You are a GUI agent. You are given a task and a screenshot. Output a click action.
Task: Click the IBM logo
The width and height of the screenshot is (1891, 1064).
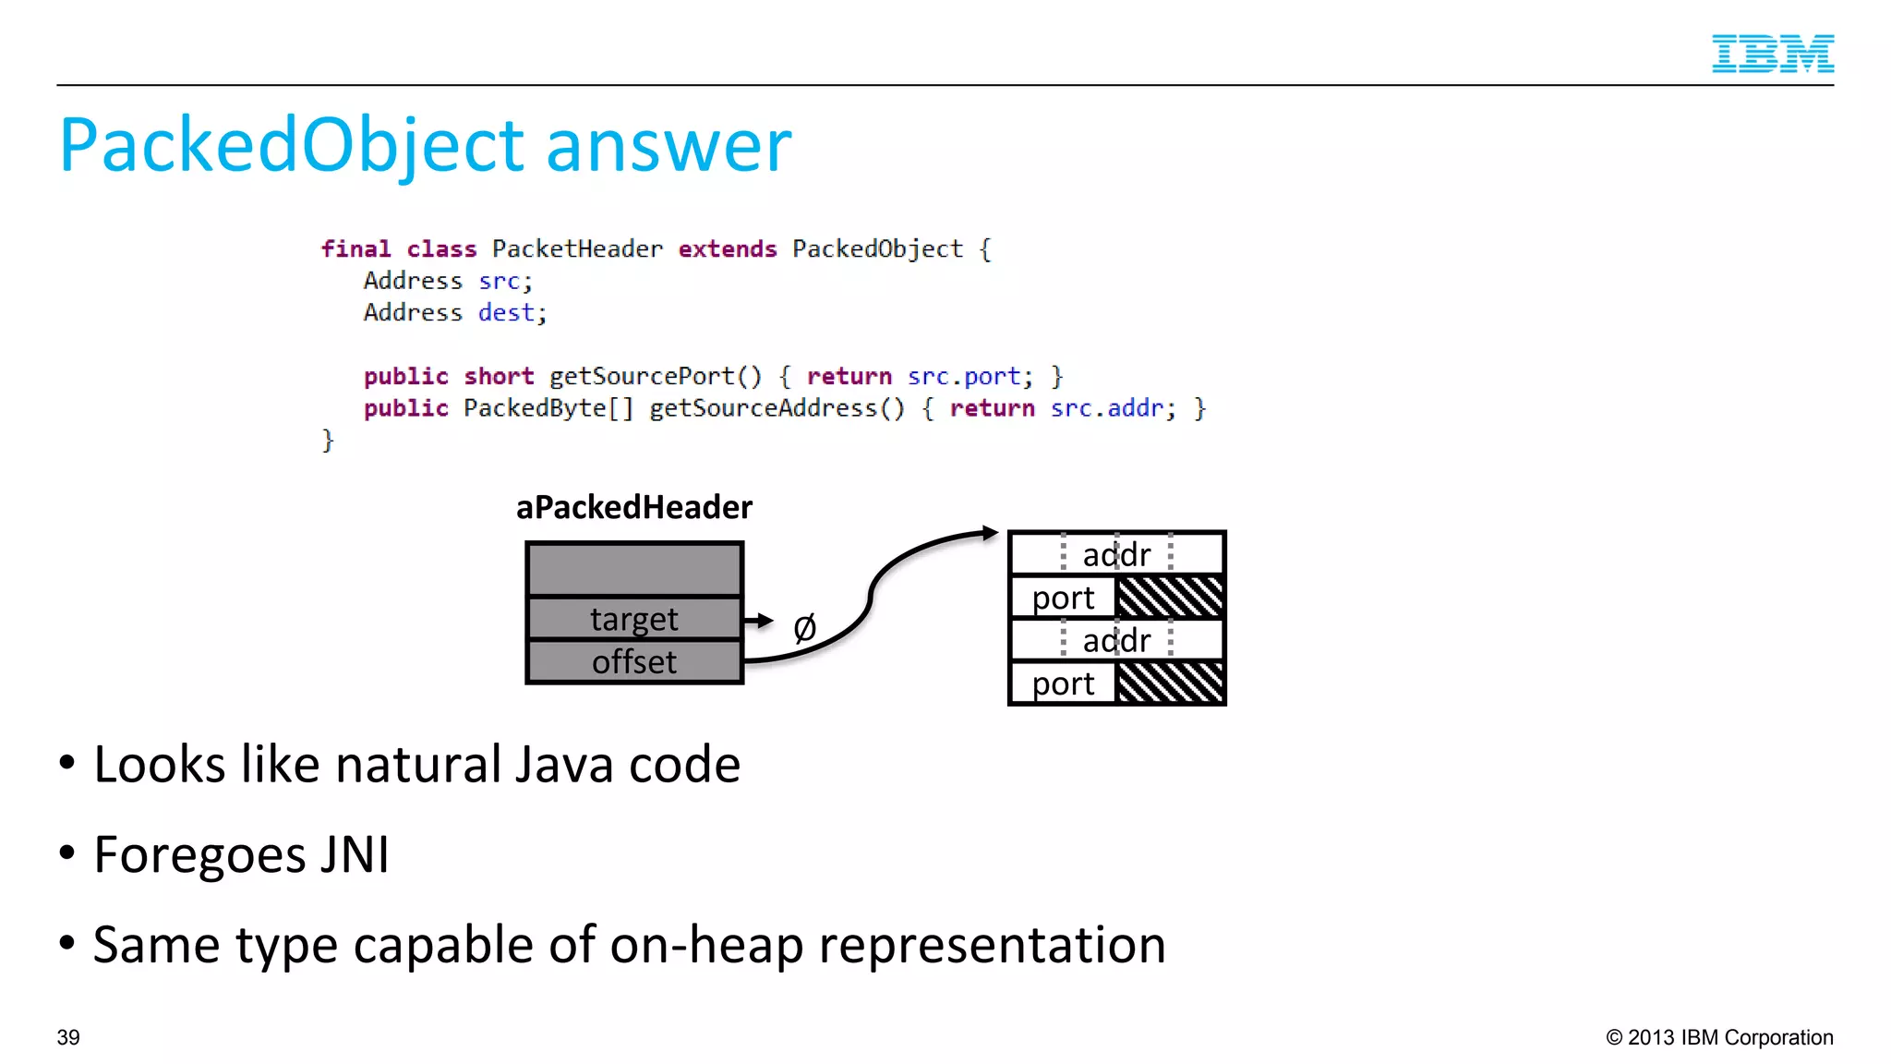pyautogui.click(x=1772, y=54)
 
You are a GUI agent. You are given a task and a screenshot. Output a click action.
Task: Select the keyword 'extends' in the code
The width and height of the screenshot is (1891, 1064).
pyautogui.click(x=728, y=249)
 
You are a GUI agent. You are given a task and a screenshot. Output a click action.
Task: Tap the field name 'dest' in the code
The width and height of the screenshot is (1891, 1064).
pyautogui.click(x=506, y=313)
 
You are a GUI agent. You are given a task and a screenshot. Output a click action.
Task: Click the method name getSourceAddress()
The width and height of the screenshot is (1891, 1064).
pyautogui.click(x=777, y=408)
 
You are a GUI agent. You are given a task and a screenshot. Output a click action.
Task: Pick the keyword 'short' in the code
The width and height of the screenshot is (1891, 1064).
pyautogui.click(x=499, y=377)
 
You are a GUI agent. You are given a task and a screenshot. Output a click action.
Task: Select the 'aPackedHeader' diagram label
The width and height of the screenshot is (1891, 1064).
pyautogui.click(x=634, y=507)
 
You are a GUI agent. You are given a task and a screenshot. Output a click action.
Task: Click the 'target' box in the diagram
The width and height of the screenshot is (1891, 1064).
pyautogui.click(x=634, y=619)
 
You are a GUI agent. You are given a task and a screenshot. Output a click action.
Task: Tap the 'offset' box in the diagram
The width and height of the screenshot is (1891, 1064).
pyautogui.click(x=634, y=662)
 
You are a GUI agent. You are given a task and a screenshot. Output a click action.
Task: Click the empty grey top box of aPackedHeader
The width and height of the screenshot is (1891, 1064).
pyautogui.click(x=634, y=570)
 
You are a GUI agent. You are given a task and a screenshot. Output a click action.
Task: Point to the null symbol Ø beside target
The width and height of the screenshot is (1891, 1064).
pyautogui.click(x=804, y=628)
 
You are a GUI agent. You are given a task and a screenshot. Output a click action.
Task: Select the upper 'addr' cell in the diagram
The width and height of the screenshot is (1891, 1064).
pyautogui.click(x=1116, y=554)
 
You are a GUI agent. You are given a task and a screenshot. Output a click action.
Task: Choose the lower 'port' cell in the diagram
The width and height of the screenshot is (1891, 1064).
pyautogui.click(x=1063, y=684)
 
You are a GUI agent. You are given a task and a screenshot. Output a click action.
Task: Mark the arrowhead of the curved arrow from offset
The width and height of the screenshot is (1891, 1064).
pyautogui.click(x=990, y=533)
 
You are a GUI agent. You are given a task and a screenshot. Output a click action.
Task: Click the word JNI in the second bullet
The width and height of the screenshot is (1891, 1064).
pyautogui.click(x=355, y=854)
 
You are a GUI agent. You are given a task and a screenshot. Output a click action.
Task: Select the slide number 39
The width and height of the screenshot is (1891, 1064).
pyautogui.click(x=68, y=1037)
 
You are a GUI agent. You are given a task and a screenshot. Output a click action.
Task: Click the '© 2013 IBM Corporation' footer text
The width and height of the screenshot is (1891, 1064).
pyautogui.click(x=1719, y=1037)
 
